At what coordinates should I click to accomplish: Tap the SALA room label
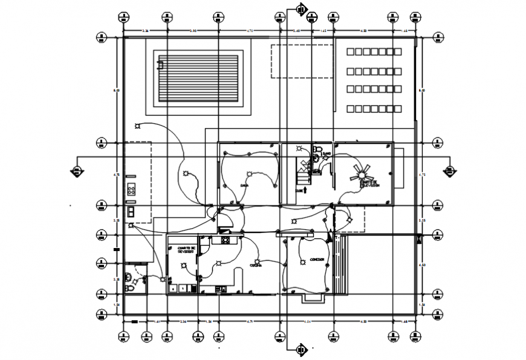(244, 186)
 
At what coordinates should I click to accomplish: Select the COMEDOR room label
(317, 260)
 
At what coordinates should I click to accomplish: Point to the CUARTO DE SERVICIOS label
(186, 249)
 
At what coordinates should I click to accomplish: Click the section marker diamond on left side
(77, 170)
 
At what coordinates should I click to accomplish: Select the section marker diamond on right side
(449, 170)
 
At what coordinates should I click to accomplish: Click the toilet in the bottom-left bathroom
(129, 278)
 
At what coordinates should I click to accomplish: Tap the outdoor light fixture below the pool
(138, 126)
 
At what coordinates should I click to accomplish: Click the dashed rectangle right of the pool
(301, 61)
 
